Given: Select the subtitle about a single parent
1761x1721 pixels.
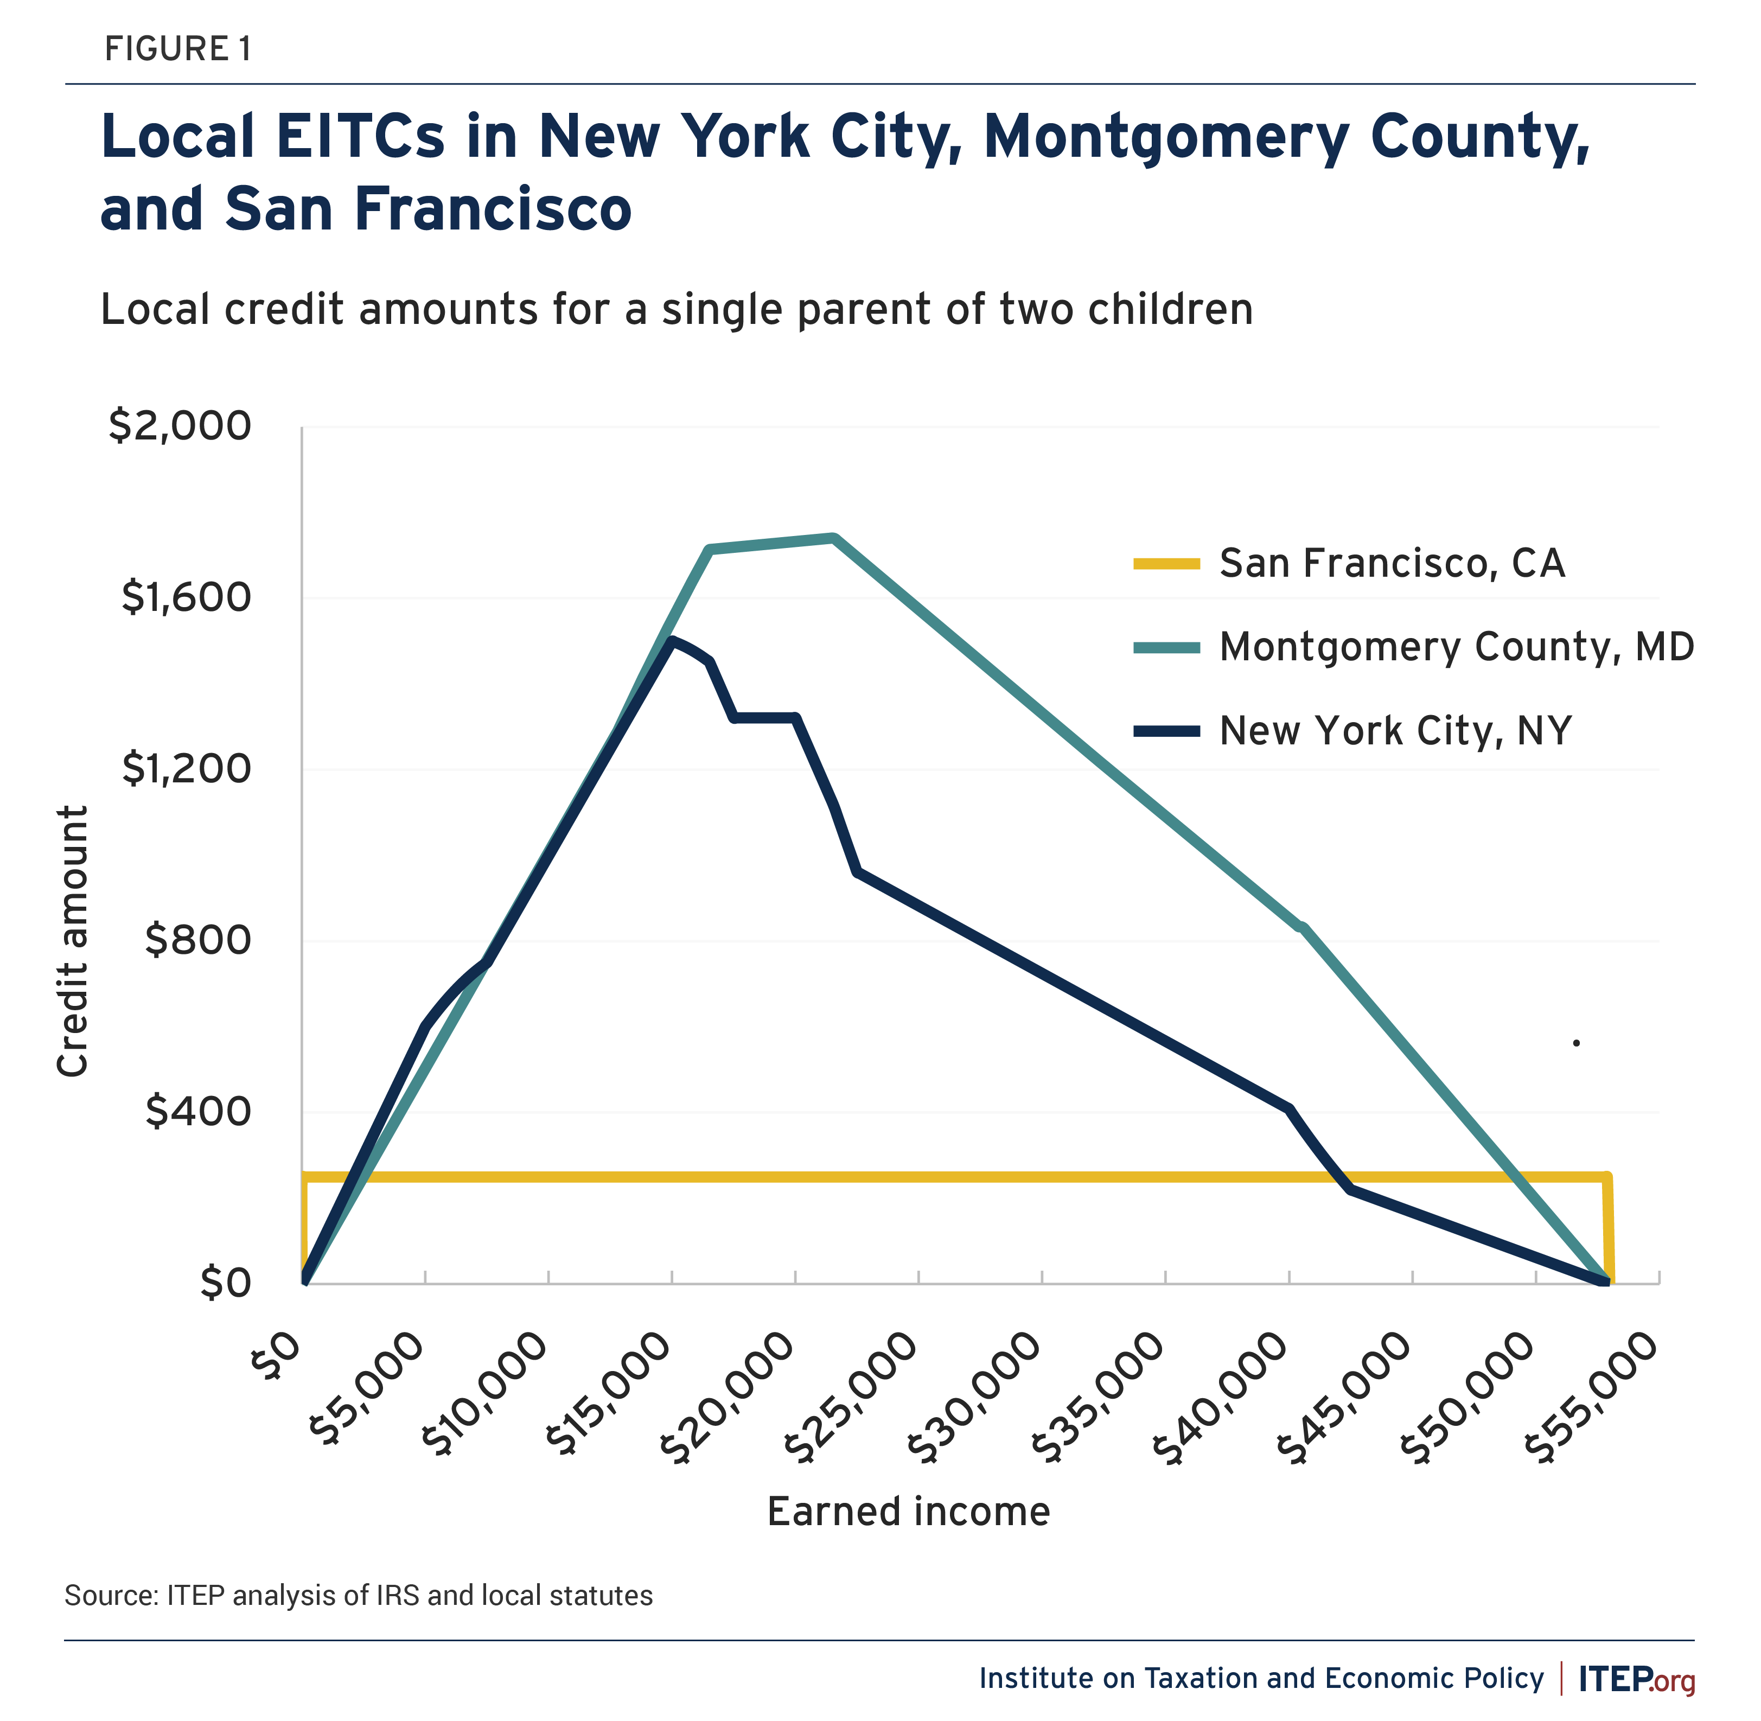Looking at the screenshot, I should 676,309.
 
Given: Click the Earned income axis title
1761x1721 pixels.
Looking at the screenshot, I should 909,1511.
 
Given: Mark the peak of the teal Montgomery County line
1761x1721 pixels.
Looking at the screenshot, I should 833,538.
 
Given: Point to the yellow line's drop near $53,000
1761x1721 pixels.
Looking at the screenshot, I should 1608,1229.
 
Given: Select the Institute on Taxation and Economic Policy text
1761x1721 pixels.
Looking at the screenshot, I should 1261,1679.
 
